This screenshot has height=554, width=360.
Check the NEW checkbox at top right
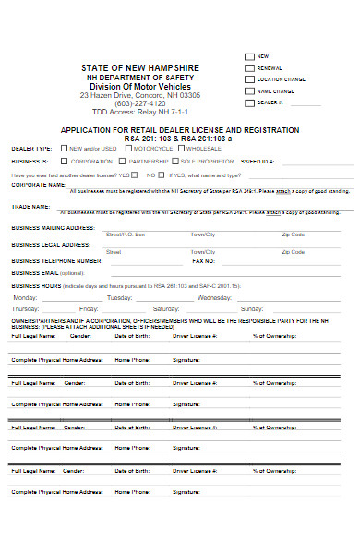(248, 56)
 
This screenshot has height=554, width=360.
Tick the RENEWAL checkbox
(248, 67)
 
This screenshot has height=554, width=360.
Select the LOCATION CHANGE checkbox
(248, 79)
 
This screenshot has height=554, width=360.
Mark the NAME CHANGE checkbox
(248, 90)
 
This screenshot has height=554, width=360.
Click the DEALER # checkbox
(248, 102)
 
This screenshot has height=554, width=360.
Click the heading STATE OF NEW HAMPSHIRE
(139, 69)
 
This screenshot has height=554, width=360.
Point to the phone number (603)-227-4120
(139, 103)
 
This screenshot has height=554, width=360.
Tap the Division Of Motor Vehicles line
(139, 87)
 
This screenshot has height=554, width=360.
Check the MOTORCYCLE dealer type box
(127, 148)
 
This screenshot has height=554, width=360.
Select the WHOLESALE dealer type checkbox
(181, 148)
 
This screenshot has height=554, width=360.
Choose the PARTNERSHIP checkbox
(121, 161)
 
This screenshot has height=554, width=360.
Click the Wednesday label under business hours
(214, 298)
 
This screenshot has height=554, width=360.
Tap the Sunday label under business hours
(251, 309)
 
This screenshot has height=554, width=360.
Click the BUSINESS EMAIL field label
(48, 273)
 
